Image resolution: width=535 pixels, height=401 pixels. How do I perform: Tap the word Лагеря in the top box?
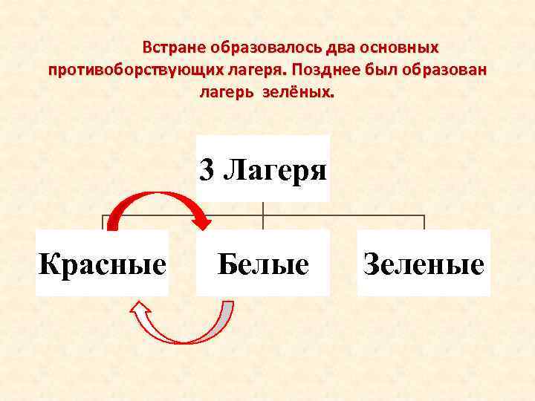click(274, 171)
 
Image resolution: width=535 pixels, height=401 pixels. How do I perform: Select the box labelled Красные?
click(103, 263)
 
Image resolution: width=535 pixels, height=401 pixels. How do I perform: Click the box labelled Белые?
click(263, 263)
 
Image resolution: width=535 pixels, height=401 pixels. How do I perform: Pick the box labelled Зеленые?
click(424, 263)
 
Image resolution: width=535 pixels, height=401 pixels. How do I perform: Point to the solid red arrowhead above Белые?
click(201, 219)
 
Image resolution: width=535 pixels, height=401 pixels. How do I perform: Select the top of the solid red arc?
click(152, 195)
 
